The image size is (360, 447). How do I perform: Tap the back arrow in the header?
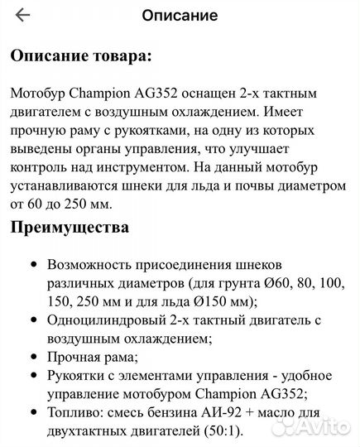22,15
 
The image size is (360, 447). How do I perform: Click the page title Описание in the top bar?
180,15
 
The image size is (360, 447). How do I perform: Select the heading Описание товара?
80,55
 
